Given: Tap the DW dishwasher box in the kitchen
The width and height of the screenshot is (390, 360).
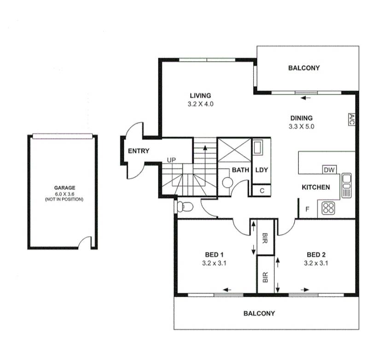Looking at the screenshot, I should click(x=329, y=170).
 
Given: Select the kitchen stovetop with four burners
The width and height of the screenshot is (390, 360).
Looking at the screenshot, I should click(x=328, y=208).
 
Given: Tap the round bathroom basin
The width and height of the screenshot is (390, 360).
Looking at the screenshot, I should click(x=227, y=182).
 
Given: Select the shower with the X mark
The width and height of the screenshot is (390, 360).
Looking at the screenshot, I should click(x=234, y=150).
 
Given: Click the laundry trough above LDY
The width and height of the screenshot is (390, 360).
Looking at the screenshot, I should click(x=258, y=148).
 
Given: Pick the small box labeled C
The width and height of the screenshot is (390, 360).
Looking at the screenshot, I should click(x=261, y=190).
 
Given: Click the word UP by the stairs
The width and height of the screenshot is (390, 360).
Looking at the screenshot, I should click(x=171, y=160).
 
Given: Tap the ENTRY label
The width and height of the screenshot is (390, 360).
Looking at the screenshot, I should click(x=138, y=151).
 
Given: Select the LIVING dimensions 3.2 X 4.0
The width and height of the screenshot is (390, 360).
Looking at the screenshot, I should click(x=200, y=104).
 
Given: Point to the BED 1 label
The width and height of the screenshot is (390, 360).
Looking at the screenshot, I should click(x=214, y=255).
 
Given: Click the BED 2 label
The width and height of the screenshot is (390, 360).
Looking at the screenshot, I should click(x=316, y=255).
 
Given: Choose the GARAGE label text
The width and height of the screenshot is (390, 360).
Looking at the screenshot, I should click(x=64, y=187).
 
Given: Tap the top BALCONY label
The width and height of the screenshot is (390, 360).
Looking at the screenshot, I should click(x=303, y=68).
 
